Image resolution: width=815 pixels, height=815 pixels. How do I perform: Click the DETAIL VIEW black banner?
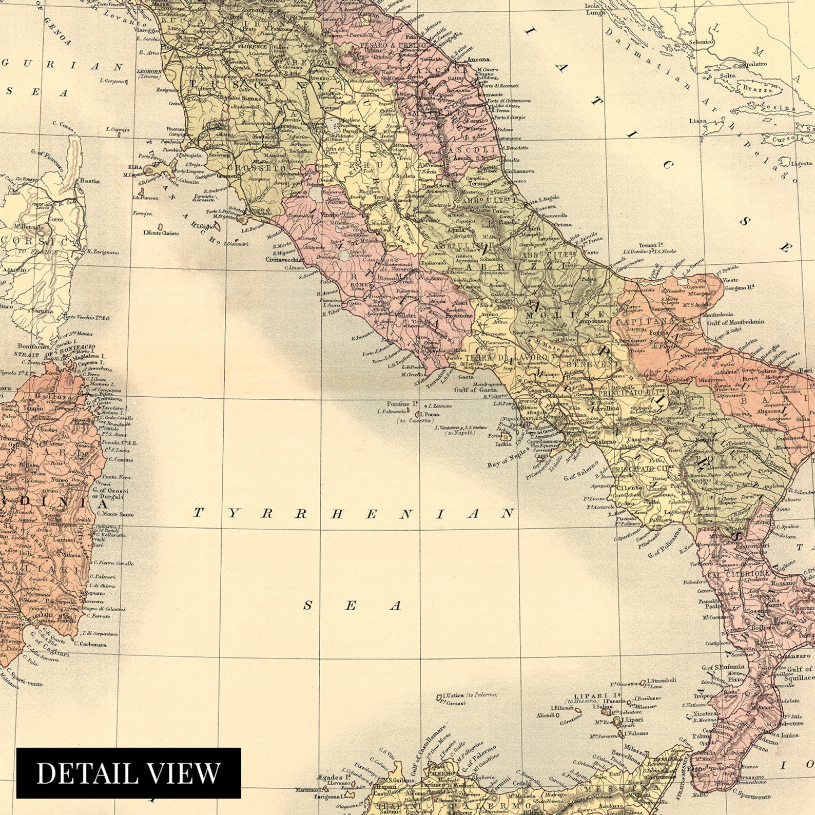tap(128, 773)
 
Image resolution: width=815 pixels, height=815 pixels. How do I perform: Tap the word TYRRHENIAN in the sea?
tap(354, 513)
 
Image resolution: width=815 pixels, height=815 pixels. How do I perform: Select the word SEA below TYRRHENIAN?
tap(352, 606)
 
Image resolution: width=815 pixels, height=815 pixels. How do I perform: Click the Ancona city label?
tap(478, 60)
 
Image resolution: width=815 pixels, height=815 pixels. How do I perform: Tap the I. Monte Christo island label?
tap(161, 233)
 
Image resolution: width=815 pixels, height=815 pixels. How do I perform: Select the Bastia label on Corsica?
tap(89, 181)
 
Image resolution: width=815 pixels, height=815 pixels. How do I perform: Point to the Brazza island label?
tap(758, 89)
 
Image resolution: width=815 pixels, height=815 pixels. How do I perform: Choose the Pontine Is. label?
tap(399, 404)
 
